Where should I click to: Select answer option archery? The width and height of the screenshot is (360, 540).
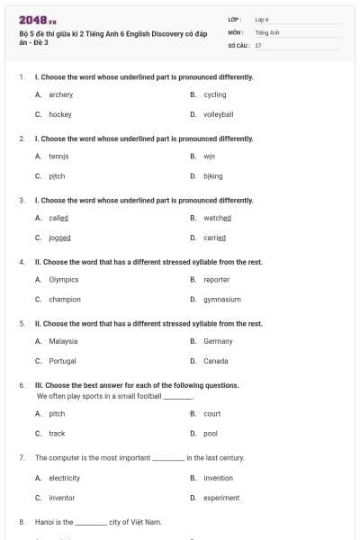60,94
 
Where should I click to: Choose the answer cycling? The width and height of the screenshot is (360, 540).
214,94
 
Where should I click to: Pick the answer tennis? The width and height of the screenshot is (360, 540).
58,157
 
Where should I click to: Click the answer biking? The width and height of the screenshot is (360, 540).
212,176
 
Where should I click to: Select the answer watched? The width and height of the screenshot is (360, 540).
217,218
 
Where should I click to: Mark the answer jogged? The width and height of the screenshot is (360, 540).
59,238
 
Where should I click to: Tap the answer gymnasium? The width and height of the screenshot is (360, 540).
221,300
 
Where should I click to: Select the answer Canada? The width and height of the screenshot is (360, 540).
215,361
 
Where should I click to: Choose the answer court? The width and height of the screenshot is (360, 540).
211,414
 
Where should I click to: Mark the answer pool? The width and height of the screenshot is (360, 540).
211,434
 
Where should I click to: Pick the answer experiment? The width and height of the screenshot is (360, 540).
220,498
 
